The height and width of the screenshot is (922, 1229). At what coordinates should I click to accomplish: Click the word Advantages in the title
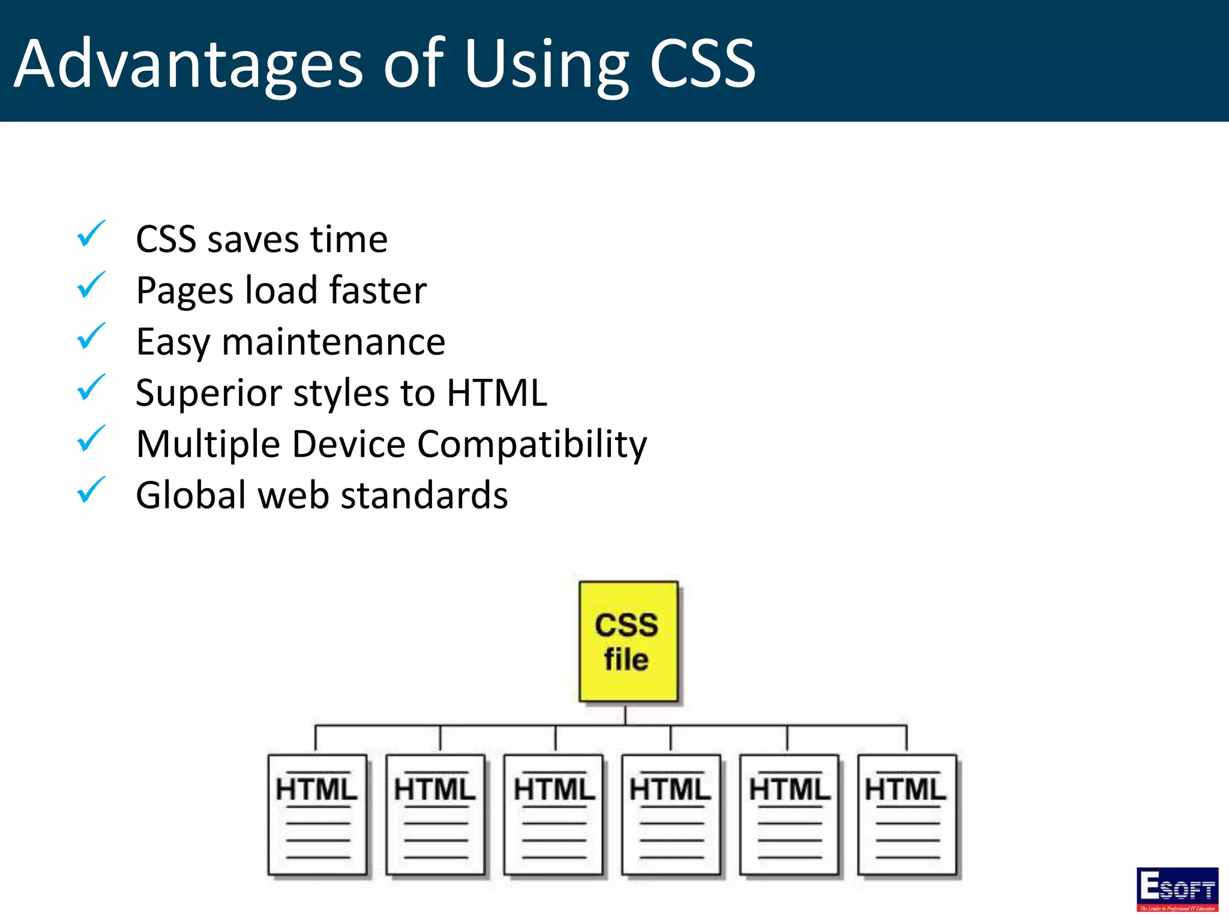coord(188,64)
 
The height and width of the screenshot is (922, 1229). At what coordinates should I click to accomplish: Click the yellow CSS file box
coord(628,641)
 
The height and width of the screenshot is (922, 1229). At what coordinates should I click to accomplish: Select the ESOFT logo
coord(1177,889)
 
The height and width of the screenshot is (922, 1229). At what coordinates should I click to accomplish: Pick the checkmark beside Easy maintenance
coord(91,337)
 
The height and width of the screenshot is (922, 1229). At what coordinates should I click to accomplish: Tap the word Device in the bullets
coord(349,445)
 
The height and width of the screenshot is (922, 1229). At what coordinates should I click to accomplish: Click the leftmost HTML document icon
coord(317,815)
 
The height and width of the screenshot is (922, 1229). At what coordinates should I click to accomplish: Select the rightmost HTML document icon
coord(907,815)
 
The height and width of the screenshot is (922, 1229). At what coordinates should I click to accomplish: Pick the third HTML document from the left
coord(553,815)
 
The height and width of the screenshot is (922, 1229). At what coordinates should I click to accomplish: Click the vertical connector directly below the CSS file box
coord(625,714)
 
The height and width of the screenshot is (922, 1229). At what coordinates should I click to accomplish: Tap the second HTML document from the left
coord(435,815)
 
